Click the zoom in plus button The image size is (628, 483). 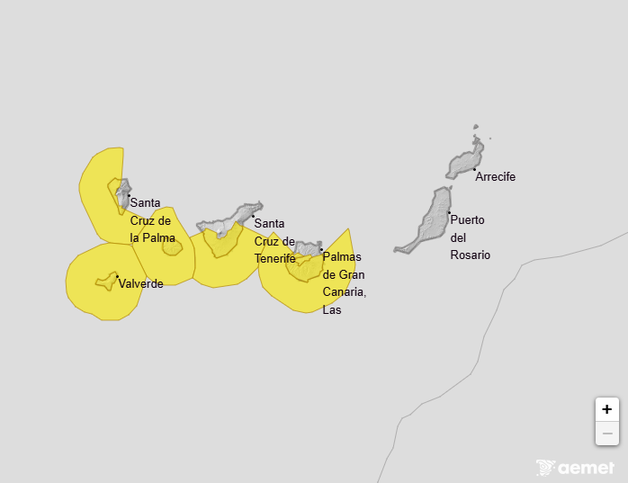607,409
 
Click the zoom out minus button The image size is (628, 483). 607,434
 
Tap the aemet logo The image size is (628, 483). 576,468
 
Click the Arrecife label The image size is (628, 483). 495,177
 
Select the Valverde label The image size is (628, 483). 141,284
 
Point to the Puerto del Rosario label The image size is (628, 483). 469,237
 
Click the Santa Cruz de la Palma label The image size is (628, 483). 152,220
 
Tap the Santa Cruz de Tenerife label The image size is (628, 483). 274,241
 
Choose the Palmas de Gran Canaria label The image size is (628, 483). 344,283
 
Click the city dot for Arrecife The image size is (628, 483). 474,169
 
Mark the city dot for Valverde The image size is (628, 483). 117,276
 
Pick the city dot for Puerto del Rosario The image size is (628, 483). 449,213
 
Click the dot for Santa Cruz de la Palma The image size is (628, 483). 129,195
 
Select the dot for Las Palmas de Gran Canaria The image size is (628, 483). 321,249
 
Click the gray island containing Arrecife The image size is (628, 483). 465,161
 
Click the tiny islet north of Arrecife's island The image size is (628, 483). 476,128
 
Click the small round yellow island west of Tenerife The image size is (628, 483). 172,246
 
